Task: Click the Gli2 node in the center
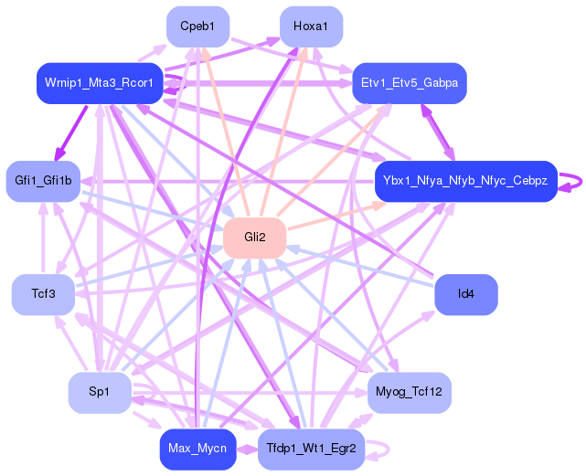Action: (254, 238)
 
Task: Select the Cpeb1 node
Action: (197, 26)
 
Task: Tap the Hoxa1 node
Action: (311, 26)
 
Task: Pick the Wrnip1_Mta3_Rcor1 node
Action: (100, 83)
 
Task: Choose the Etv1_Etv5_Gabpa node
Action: (409, 82)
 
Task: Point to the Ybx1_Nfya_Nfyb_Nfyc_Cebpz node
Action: (465, 181)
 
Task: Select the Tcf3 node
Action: (43, 294)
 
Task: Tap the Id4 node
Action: (466, 294)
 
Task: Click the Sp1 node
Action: (99, 392)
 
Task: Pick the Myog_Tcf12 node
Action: (409, 392)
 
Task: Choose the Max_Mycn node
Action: (197, 449)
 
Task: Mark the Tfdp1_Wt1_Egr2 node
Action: (312, 449)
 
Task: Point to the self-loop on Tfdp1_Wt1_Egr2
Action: (388, 450)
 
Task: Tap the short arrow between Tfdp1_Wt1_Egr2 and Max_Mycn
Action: (247, 449)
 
